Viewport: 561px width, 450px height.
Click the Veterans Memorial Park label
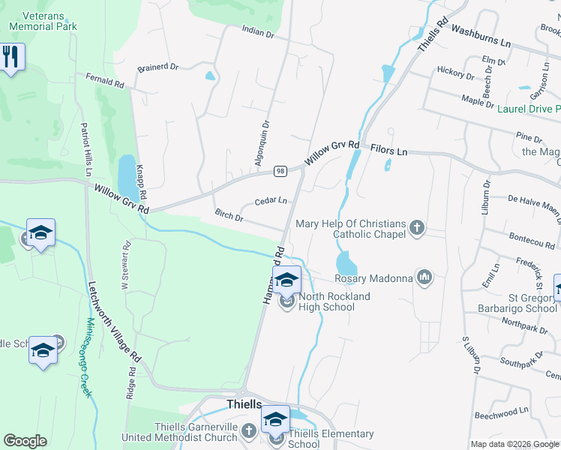click(43, 20)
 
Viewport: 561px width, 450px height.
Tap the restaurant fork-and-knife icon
click(10, 57)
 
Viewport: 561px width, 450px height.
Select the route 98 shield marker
click(278, 171)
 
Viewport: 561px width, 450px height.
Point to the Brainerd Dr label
click(157, 67)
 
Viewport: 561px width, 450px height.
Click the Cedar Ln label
click(271, 201)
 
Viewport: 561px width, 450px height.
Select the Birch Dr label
click(229, 217)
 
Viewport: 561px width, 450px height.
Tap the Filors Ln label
click(388, 151)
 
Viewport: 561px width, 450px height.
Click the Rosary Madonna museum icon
click(425, 278)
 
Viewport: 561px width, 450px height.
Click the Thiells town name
click(244, 403)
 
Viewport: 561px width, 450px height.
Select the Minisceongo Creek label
click(88, 357)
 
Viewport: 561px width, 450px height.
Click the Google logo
click(25, 441)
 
